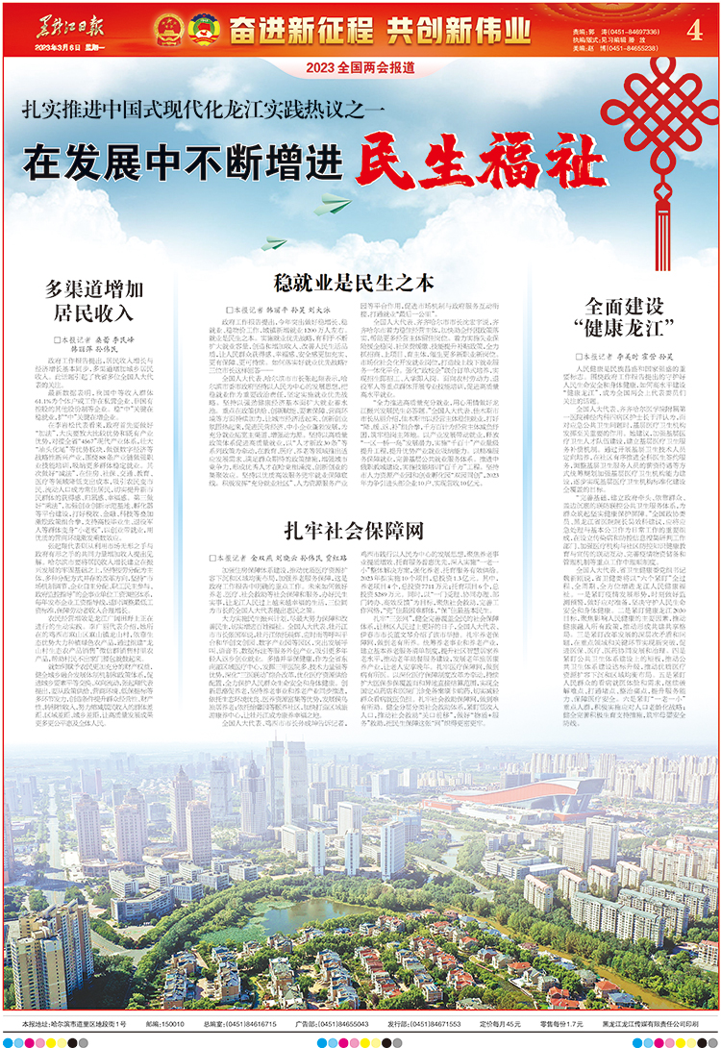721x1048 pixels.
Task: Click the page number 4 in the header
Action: [x=692, y=28]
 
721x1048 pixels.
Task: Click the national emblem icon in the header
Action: [x=168, y=29]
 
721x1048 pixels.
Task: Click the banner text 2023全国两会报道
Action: [x=360, y=67]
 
